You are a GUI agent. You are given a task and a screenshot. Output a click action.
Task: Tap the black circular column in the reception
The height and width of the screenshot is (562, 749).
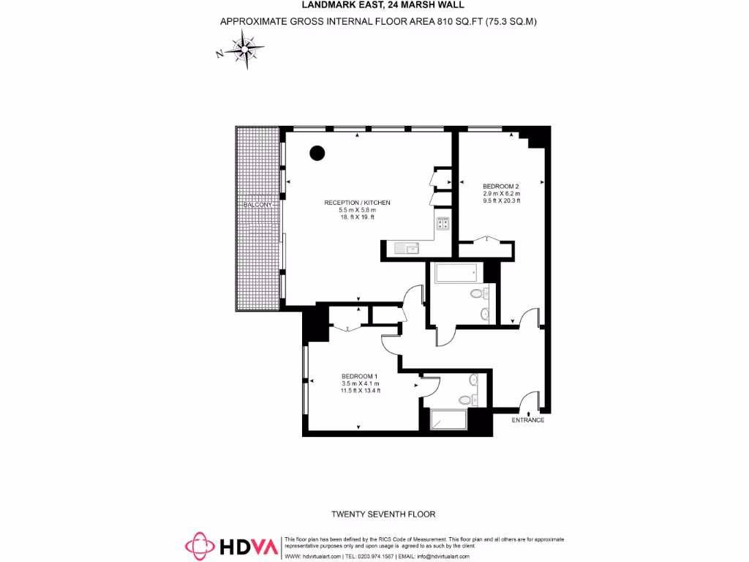tap(317, 153)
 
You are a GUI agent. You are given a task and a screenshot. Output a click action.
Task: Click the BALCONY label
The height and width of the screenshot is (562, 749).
tap(257, 204)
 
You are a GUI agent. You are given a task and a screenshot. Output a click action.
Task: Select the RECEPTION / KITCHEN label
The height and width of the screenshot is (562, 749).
tap(358, 203)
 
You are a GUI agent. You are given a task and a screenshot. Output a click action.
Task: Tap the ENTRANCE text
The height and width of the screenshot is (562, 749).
tap(527, 420)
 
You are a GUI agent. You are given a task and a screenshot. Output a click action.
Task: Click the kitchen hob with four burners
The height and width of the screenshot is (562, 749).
tap(443, 224)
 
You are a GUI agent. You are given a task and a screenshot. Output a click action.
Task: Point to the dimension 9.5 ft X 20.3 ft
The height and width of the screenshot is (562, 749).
tap(501, 201)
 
